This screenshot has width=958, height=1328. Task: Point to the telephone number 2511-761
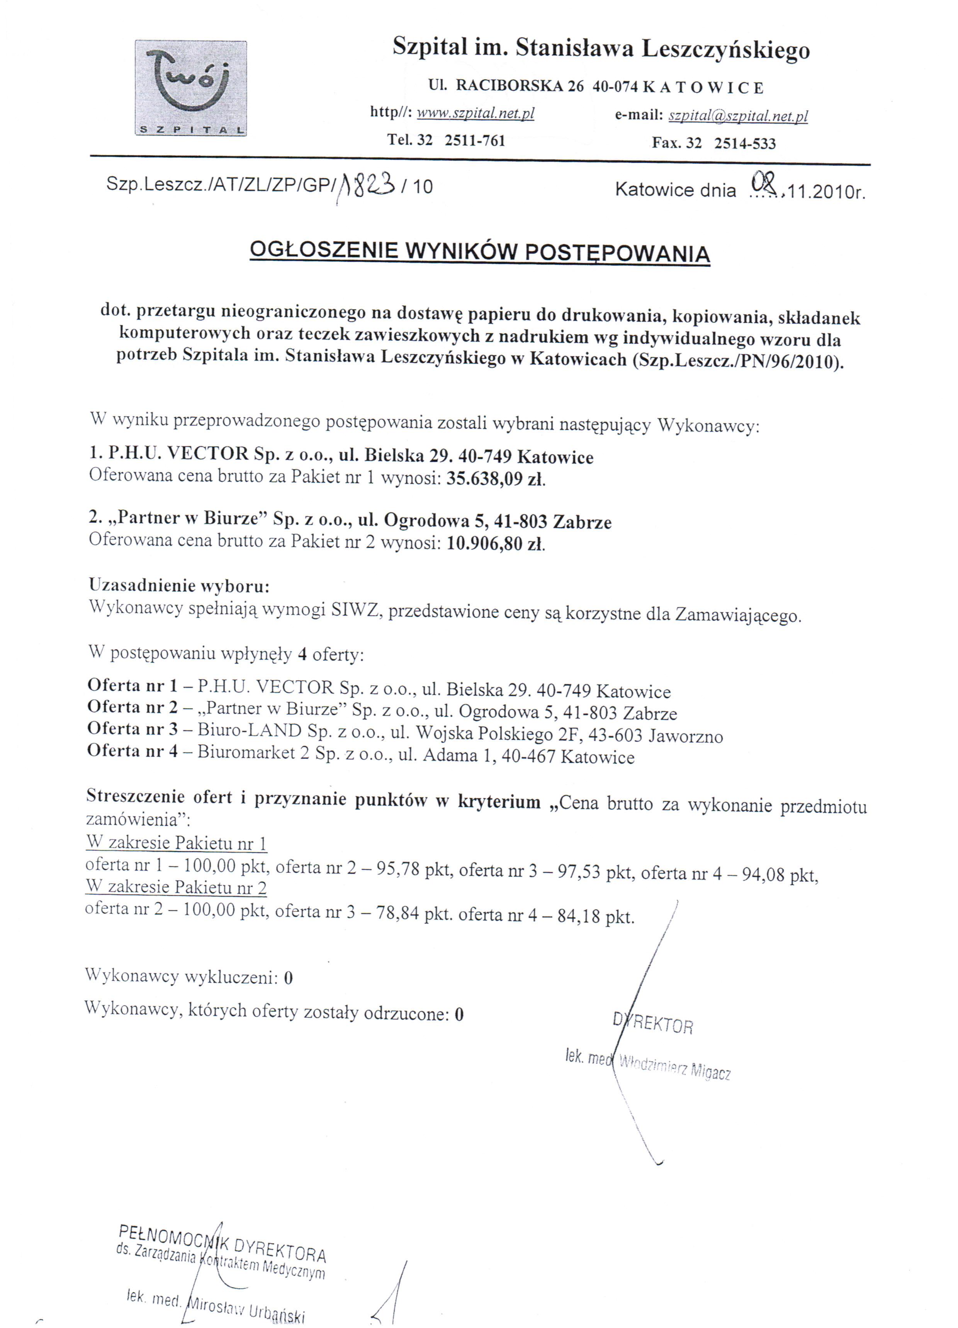[x=474, y=141]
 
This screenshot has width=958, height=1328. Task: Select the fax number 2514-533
[x=744, y=143]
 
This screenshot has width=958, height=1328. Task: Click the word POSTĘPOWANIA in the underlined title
[x=617, y=253]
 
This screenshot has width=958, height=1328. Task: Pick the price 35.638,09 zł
[x=495, y=480]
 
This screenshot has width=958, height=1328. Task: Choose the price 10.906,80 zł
[x=495, y=544]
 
